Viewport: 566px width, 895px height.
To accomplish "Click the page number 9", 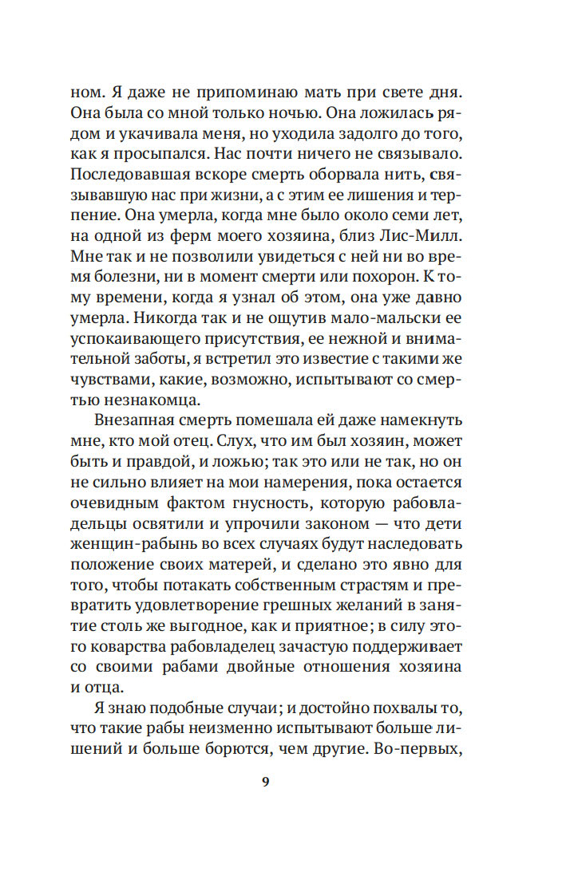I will click(266, 781).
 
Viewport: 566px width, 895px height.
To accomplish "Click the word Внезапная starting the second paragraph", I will click(137, 440).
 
